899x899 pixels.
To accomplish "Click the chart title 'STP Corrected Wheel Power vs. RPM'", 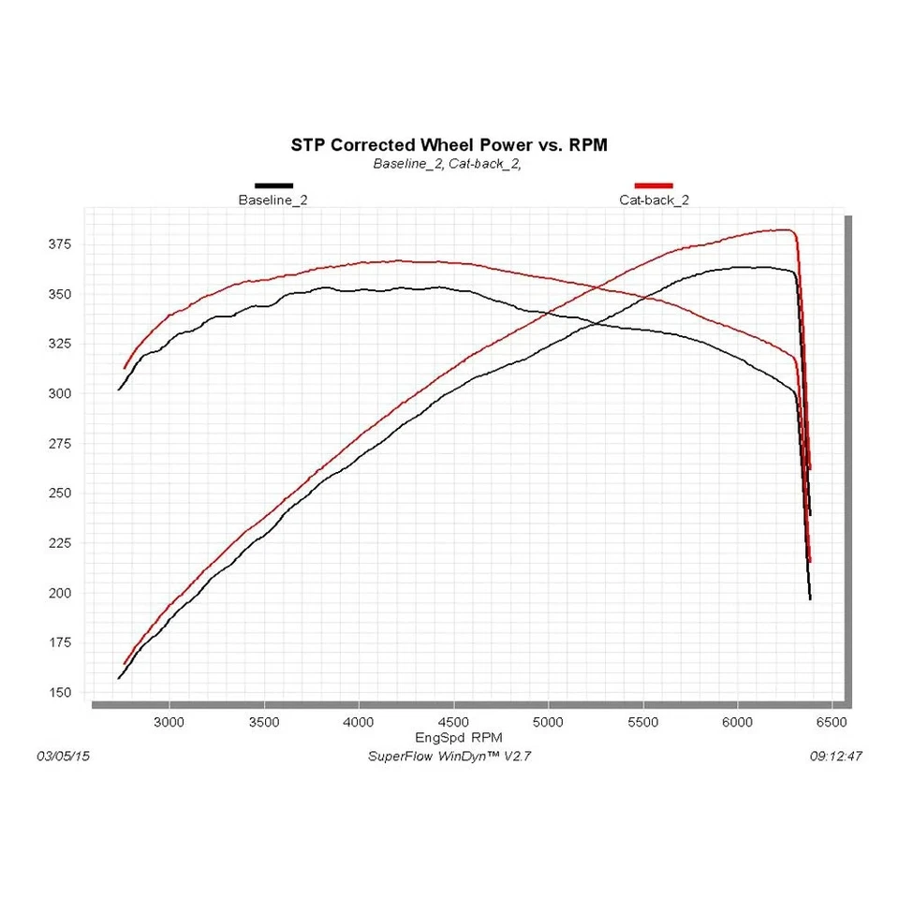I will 449,145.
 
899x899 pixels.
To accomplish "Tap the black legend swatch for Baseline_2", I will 273,185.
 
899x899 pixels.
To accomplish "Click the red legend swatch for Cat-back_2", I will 654,185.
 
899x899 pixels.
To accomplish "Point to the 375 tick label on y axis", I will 59,244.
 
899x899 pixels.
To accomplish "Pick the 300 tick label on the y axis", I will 59,393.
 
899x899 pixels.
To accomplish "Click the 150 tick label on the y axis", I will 59,692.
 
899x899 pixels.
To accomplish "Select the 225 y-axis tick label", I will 59,543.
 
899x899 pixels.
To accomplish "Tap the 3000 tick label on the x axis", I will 169,722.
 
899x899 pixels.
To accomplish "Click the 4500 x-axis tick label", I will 453,722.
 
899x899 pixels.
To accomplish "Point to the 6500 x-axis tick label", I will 832,722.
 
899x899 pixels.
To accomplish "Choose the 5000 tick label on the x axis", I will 548,722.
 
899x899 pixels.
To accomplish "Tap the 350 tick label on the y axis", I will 59,294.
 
